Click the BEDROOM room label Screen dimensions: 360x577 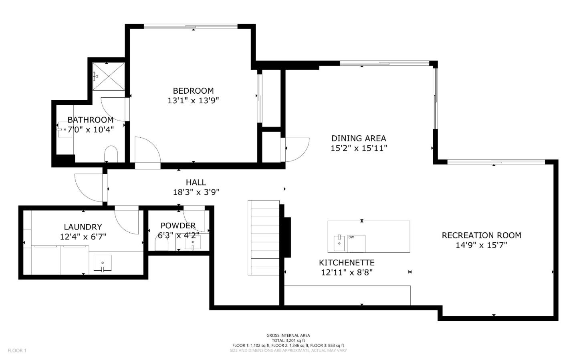193,91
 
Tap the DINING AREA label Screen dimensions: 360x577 359,139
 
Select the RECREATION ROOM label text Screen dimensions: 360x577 481,235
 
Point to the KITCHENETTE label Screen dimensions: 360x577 347,263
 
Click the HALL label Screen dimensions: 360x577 196,183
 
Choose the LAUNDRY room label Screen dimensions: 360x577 83,227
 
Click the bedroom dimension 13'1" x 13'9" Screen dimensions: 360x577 193,101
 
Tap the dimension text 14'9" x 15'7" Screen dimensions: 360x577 481,245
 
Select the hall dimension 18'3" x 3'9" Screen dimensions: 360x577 196,192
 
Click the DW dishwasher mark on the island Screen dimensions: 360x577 351,237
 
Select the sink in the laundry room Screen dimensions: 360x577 103,263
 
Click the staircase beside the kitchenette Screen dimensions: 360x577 263,237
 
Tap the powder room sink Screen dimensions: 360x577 192,242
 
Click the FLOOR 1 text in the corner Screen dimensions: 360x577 17,351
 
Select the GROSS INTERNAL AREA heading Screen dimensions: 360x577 288,336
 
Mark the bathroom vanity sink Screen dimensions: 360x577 64,130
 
